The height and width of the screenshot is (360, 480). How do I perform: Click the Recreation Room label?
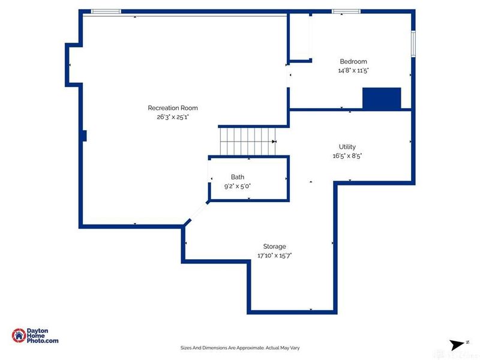point(173,108)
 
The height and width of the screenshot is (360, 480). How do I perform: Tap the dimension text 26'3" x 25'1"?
point(173,118)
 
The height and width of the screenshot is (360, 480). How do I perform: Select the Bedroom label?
point(353,61)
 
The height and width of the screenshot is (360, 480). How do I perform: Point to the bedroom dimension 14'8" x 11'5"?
point(353,70)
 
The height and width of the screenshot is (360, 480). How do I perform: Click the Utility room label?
point(347,146)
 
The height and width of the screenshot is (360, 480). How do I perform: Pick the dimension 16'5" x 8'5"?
point(347,155)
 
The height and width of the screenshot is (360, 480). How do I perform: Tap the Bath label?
point(238,177)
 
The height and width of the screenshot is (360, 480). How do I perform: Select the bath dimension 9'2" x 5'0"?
point(238,186)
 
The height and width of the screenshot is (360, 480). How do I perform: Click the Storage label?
point(274,246)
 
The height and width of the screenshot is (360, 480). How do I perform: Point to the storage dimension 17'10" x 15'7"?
point(274,256)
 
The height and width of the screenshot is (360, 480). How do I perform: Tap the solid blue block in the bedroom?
point(382,98)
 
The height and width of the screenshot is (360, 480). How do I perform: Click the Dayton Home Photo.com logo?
point(35,337)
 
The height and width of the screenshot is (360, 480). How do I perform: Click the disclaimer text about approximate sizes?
point(240,347)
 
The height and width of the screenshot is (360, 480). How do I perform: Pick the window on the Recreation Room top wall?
point(106,11)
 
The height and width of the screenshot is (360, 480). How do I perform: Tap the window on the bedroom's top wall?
point(346,11)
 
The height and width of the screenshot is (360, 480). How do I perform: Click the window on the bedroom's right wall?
point(413,43)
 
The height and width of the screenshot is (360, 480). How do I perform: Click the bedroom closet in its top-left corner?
point(299,37)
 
